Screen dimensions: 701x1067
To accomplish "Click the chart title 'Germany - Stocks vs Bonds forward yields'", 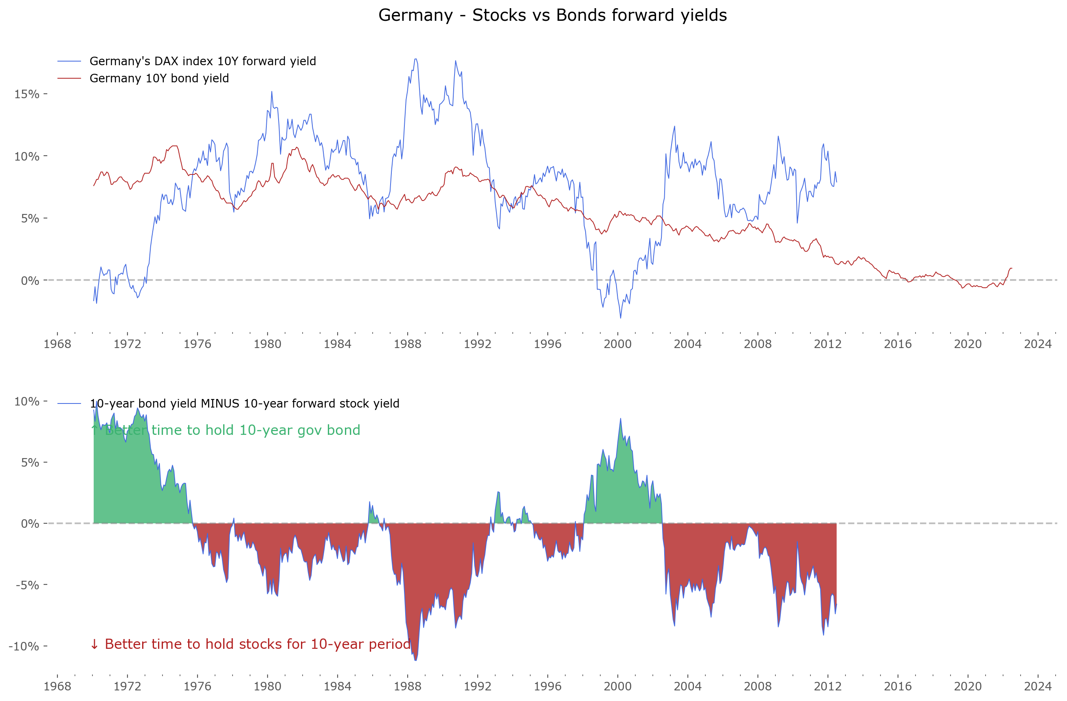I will (x=552, y=15).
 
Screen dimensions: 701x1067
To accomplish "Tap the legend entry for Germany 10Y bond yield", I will (x=159, y=78).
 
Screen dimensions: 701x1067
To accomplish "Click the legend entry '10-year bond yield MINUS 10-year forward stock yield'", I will (x=244, y=403).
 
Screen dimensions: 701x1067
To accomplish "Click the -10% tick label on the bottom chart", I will (x=24, y=646).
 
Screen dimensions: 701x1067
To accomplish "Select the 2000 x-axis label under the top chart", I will (x=617, y=344).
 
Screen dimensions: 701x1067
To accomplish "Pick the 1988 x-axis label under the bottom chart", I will (x=407, y=686).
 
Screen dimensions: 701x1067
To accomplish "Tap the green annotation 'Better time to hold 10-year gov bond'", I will (x=232, y=430).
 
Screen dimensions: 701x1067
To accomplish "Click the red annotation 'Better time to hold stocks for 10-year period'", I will (x=257, y=644).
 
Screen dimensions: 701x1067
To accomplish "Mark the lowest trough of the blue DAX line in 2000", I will (x=621, y=318).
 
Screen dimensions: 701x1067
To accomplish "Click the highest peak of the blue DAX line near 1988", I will (x=415, y=59).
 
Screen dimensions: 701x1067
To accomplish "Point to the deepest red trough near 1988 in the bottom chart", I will (x=415, y=660).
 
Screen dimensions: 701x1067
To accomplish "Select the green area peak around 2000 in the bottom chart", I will (x=621, y=419).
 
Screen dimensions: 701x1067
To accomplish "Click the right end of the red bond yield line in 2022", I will (x=1012, y=268).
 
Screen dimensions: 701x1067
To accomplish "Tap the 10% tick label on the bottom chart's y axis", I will (x=27, y=401).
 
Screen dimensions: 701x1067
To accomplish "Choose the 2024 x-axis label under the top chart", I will (x=1037, y=344).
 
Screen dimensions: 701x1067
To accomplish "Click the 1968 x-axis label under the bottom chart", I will (x=57, y=686).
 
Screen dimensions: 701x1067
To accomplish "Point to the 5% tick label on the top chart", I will (x=30, y=218).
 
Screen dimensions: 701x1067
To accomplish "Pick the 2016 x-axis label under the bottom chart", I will (x=898, y=686).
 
